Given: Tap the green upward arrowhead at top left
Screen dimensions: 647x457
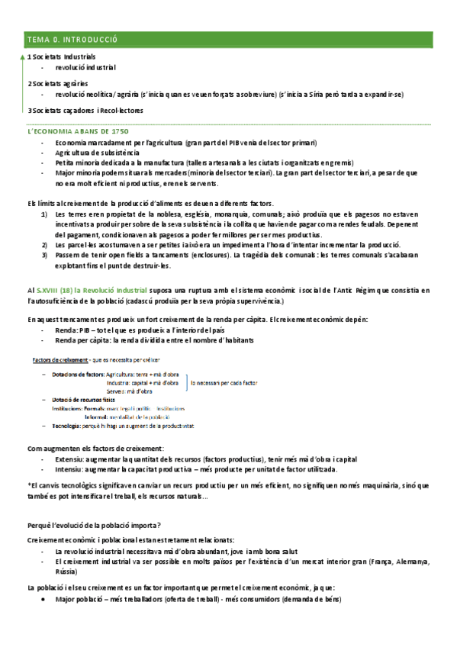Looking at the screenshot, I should [x=21, y=56].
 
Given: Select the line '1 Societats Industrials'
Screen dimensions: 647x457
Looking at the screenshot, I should [x=62, y=56].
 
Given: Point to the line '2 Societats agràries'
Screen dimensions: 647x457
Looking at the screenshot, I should [x=58, y=83].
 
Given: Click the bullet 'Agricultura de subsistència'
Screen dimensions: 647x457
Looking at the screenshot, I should [x=97, y=153].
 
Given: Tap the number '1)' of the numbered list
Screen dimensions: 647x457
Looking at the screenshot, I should [x=44, y=215].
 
